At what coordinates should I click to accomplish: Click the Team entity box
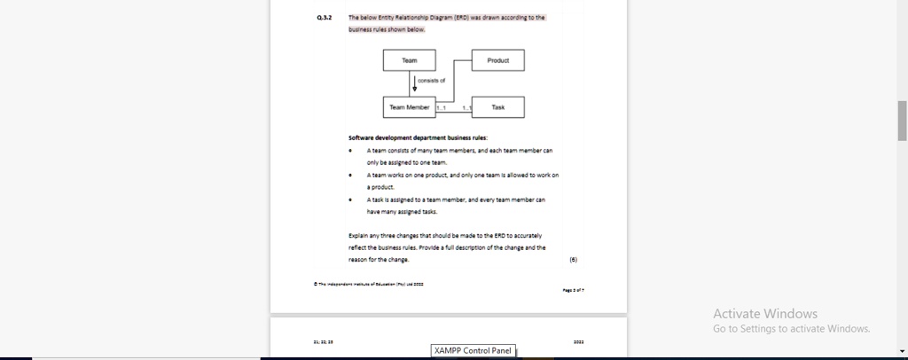point(409,60)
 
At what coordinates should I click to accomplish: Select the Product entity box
point(497,60)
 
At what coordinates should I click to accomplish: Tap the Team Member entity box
point(409,107)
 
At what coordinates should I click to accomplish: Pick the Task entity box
point(497,107)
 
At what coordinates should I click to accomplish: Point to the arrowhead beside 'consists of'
point(415,89)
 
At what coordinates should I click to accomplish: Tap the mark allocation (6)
point(573,261)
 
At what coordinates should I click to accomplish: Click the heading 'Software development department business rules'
point(418,137)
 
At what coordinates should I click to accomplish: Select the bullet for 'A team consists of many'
point(352,151)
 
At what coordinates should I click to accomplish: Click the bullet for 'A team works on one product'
point(352,176)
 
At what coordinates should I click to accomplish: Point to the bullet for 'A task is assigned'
point(352,200)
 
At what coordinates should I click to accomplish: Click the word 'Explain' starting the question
point(357,236)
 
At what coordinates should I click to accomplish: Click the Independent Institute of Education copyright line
point(369,284)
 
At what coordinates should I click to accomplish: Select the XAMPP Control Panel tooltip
point(474,350)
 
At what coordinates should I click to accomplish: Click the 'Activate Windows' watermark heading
point(765,313)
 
